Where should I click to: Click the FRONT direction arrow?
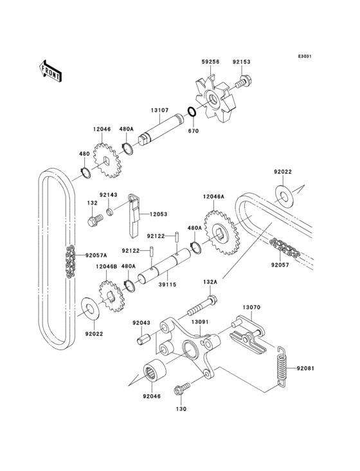tap(50, 70)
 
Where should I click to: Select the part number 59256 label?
tap(210, 62)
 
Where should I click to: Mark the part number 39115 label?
tap(167, 283)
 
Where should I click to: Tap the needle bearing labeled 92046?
tap(154, 372)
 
